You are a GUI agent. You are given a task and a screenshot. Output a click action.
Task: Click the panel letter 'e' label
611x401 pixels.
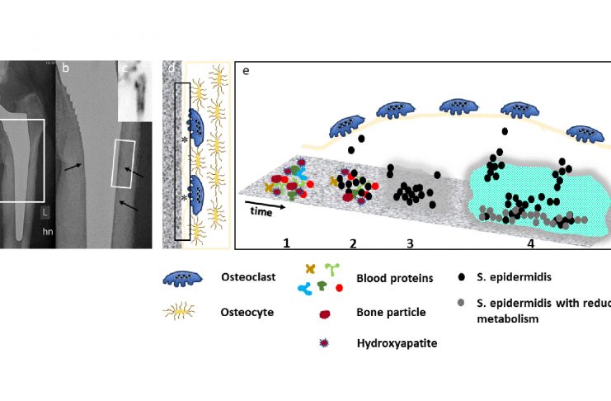[246, 71]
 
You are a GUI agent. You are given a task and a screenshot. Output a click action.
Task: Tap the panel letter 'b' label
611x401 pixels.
[64, 69]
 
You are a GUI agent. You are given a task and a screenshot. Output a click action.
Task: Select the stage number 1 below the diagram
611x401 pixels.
[286, 243]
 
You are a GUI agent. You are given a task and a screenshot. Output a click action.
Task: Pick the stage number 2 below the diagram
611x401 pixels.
[353, 243]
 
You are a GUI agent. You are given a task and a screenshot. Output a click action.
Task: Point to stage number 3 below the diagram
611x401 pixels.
[409, 243]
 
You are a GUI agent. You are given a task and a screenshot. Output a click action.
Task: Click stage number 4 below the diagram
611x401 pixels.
[531, 243]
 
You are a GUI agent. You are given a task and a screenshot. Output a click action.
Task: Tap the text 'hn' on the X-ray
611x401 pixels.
[49, 234]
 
